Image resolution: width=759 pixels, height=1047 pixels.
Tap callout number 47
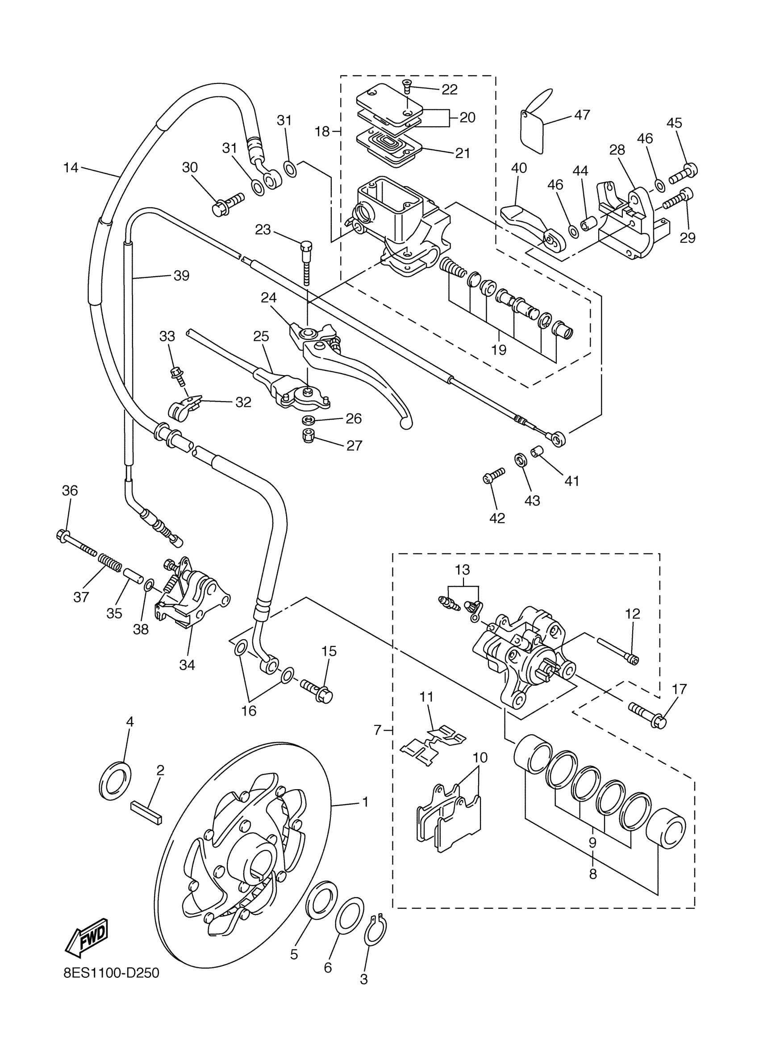[x=582, y=115]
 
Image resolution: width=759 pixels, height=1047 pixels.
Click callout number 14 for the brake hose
[x=71, y=168]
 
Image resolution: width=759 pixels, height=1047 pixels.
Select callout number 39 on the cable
[x=181, y=276]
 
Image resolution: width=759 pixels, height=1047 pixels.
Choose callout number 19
[x=499, y=350]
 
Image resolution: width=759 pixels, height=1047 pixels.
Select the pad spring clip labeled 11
[x=432, y=745]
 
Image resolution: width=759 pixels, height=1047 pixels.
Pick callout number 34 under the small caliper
[x=187, y=665]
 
